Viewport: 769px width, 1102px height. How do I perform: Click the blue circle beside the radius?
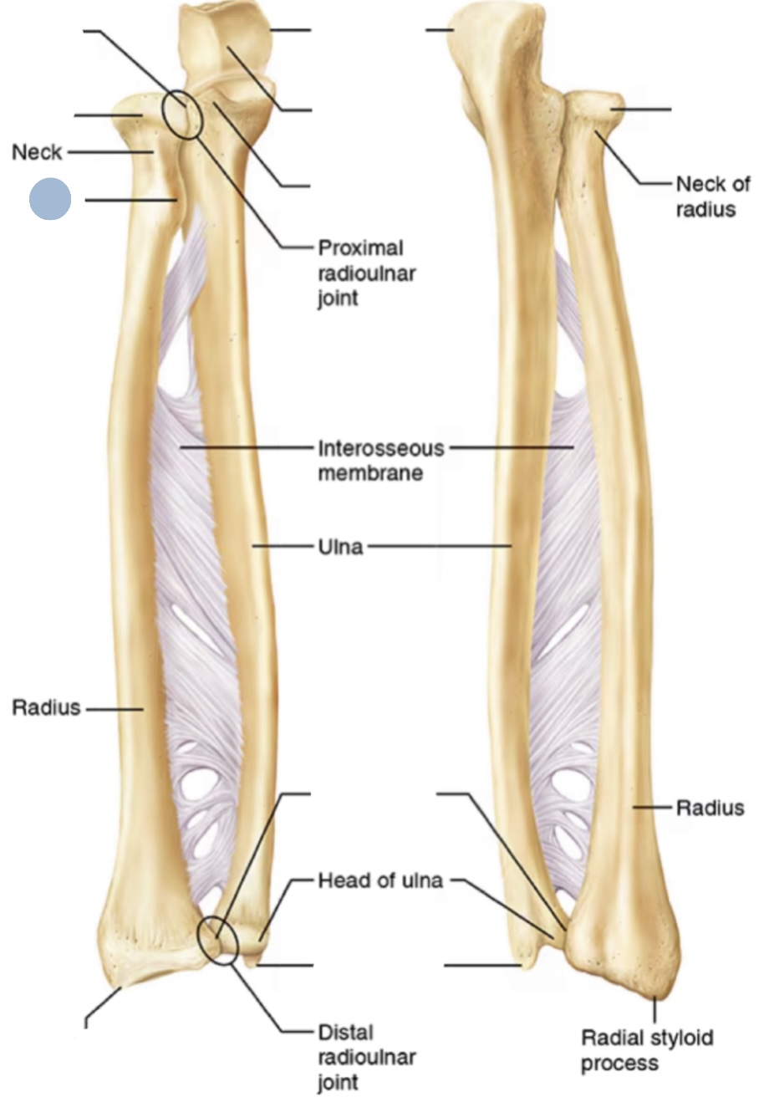coord(50,199)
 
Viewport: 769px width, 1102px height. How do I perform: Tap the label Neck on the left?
coord(37,152)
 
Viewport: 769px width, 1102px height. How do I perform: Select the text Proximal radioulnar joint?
coord(367,273)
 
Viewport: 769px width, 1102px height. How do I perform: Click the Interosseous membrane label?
coord(381,461)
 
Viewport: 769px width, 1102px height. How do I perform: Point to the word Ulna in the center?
coord(341,547)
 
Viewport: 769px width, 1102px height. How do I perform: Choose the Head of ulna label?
coord(380,880)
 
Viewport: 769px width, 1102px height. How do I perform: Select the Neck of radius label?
coord(713,196)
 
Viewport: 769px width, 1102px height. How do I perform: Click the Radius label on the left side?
coord(46,707)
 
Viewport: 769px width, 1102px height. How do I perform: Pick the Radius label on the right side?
coord(710,808)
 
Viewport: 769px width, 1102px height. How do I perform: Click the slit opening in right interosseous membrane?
coord(563,631)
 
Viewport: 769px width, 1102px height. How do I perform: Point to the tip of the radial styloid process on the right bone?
coord(655,997)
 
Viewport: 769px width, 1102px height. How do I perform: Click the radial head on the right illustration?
coord(593,104)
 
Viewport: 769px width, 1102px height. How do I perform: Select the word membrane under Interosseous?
coord(370,472)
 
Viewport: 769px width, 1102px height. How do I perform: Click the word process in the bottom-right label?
coord(619,1064)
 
